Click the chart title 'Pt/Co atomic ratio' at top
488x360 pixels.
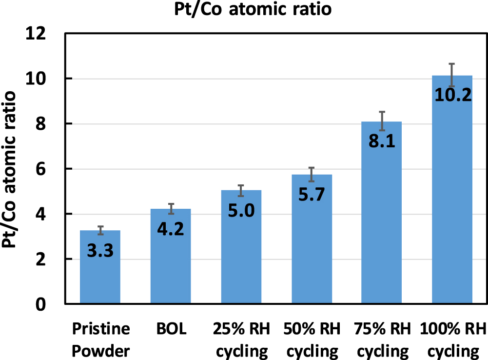253,10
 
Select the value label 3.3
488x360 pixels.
100,251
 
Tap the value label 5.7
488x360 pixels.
312,195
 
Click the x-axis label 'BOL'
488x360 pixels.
171,329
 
